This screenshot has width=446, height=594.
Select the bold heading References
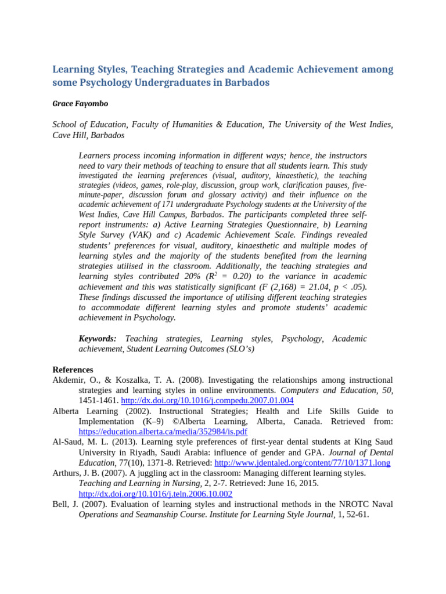(x=73, y=370)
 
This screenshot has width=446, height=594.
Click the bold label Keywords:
(x=98, y=338)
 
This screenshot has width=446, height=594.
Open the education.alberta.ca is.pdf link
(x=163, y=432)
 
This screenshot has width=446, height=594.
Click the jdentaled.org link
(x=302, y=463)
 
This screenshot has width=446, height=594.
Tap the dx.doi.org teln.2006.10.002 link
(x=155, y=494)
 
